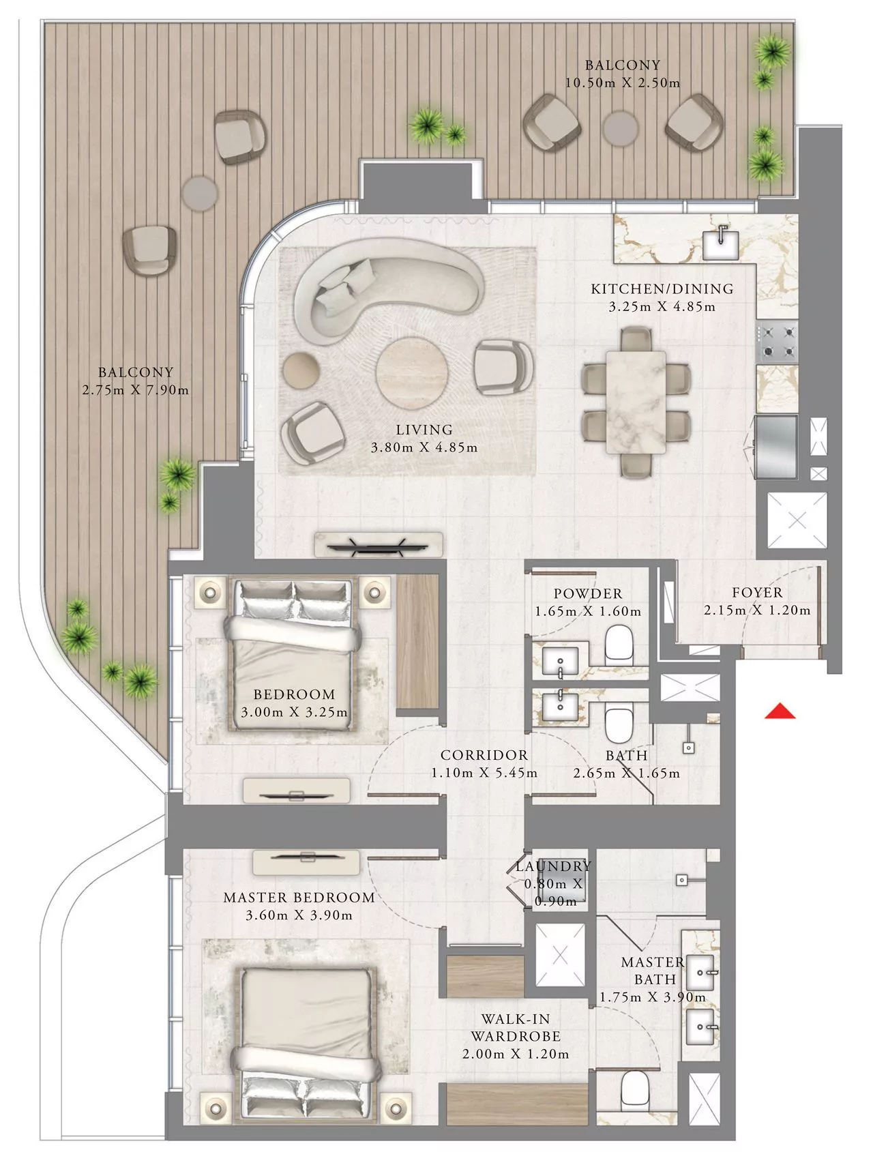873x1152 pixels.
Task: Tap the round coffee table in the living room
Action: [413, 372]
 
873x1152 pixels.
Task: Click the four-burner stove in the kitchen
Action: [778, 342]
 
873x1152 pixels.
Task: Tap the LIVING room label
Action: [424, 430]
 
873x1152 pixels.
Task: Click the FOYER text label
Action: [757, 593]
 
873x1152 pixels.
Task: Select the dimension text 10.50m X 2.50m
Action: [623, 83]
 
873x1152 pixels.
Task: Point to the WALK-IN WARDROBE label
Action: [516, 1028]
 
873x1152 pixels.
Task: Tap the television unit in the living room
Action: [378, 544]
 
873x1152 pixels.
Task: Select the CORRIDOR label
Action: [484, 755]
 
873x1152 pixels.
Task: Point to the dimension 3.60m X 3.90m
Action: [299, 915]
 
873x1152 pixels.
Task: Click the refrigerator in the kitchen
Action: [775, 447]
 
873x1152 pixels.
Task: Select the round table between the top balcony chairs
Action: [621, 128]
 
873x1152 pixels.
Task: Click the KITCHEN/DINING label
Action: [662, 289]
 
